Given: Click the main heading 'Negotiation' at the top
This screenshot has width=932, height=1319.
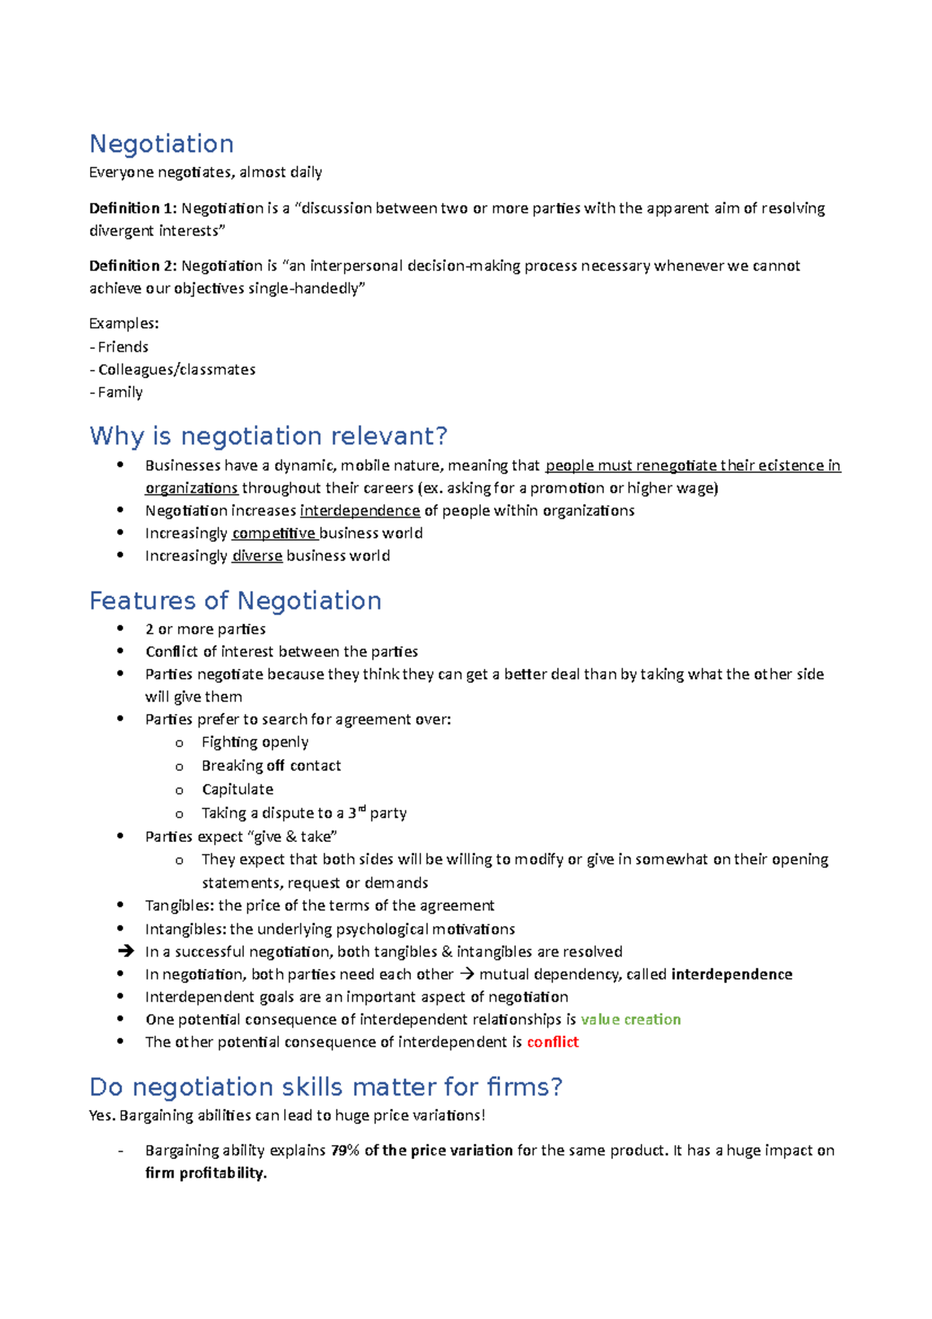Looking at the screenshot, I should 162,144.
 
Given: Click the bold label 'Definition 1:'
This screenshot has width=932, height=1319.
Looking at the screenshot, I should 133,208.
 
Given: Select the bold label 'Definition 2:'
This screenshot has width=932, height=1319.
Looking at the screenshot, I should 133,266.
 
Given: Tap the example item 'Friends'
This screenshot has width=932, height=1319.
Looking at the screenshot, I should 123,346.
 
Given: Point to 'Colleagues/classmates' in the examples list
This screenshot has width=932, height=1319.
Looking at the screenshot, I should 176,369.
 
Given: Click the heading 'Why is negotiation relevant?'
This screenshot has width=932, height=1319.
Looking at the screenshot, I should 268,436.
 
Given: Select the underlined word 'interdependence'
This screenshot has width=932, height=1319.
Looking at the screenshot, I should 360,510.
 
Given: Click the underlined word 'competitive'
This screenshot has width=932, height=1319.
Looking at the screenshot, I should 273,533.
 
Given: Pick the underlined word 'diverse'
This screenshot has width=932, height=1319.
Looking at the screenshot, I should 257,555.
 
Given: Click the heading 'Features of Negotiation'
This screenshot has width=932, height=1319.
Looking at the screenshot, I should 235,600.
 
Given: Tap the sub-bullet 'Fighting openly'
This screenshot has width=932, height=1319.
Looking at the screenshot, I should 255,742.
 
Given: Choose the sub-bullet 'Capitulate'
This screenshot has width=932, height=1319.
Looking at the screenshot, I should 237,789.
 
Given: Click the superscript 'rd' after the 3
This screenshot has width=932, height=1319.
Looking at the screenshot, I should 361,809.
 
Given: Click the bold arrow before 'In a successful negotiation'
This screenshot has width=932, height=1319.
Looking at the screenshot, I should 125,952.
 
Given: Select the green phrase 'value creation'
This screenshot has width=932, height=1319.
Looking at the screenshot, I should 631,1019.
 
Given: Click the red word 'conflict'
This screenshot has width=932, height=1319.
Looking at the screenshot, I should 552,1042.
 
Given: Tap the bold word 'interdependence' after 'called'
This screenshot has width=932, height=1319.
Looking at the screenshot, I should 731,974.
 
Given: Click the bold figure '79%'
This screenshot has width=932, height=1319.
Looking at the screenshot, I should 345,1150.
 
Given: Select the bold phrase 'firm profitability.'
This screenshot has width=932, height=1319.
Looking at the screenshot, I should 206,1173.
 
